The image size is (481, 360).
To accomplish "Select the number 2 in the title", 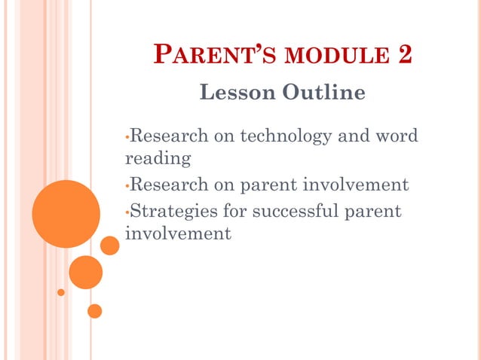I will point(403,56).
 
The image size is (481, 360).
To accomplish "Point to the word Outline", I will point(323,93).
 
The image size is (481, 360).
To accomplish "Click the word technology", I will point(286,136).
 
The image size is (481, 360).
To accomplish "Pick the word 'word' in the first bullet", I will point(396,136).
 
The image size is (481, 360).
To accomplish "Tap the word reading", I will point(158,160).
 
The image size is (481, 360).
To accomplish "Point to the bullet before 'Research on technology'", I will point(127,138).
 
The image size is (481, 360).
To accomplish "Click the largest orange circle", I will point(66,214).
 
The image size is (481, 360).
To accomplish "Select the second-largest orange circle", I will point(85,272).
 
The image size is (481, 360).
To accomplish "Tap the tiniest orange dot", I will point(61,292).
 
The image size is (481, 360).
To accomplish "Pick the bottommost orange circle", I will point(94,310).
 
